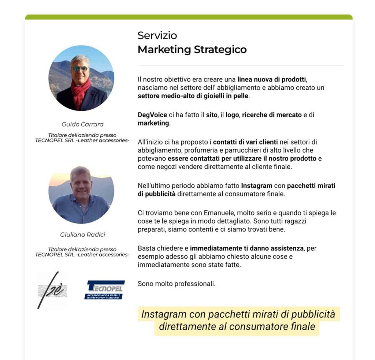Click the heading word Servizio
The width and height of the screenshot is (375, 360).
157,35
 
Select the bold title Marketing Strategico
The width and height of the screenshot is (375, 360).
192,49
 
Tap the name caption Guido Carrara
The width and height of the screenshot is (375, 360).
82,124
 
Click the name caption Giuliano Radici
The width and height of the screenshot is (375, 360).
82,235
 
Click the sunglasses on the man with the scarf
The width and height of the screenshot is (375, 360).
80,68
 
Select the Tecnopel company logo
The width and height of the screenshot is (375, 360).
104,290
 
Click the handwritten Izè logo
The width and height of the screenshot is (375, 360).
52,290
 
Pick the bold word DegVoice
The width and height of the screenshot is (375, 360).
152,115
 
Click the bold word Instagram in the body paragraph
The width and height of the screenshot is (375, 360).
256,185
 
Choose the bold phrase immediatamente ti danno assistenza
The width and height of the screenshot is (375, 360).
247,248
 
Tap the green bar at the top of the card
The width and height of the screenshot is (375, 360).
189,17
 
